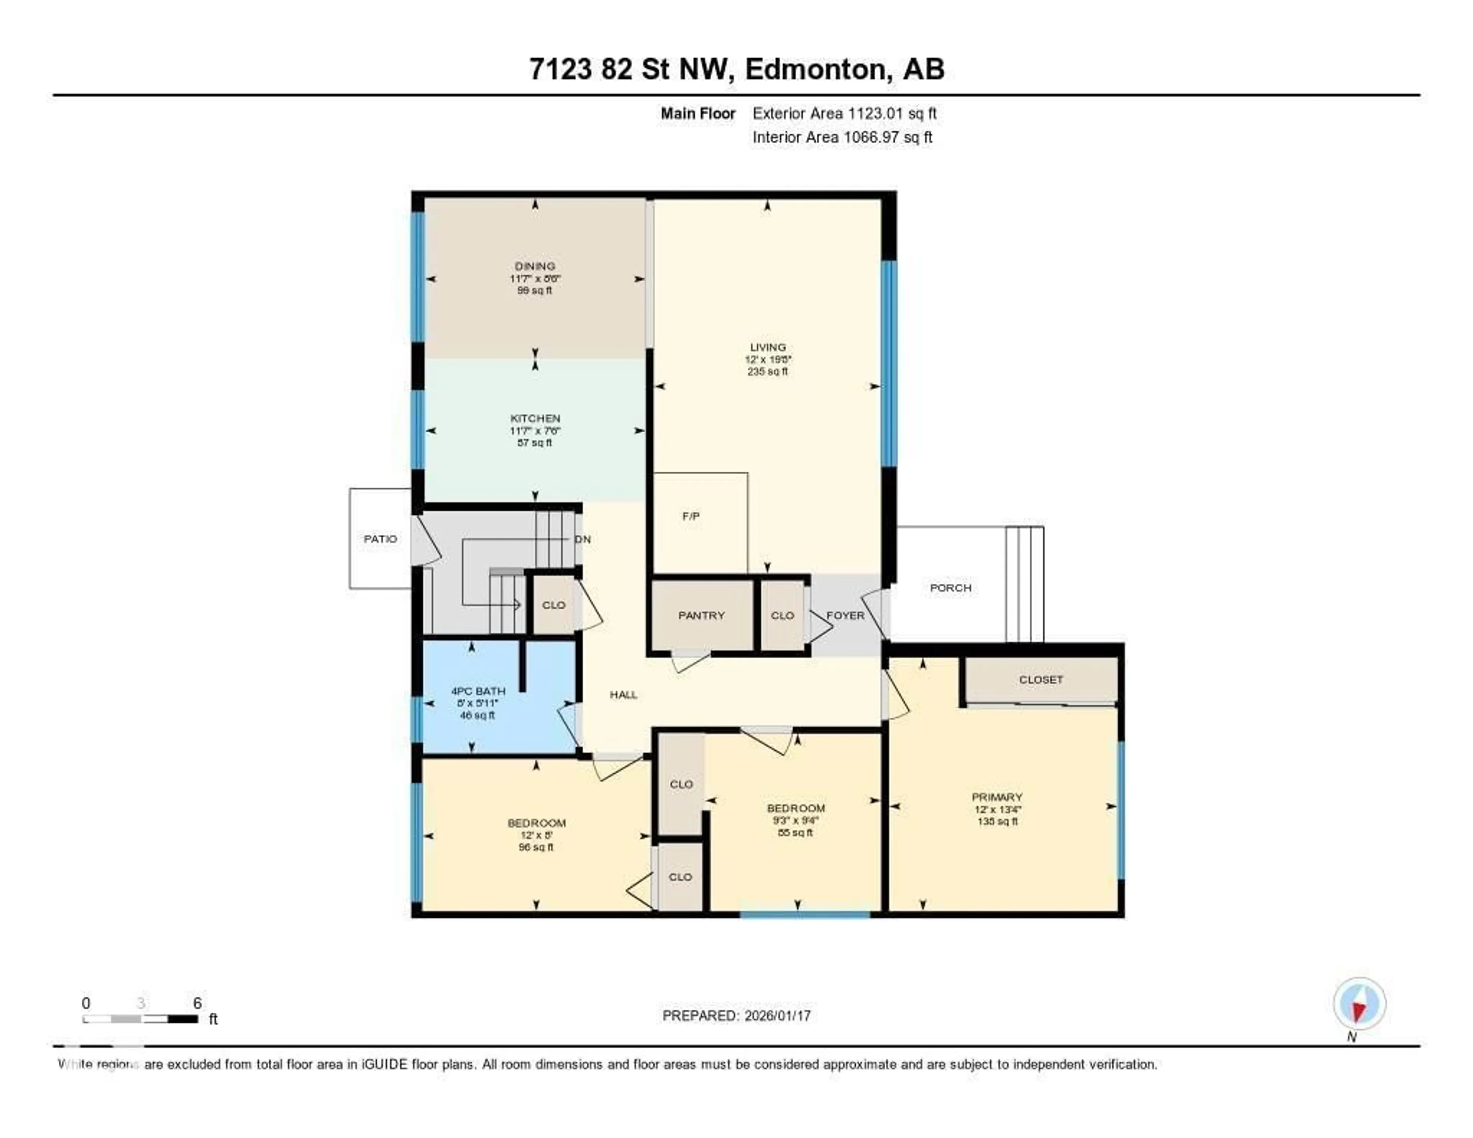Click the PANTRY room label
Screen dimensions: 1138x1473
point(702,615)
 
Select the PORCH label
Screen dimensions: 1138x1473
point(950,587)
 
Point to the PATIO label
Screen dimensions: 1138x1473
point(381,539)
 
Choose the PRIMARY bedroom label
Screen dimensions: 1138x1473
point(997,797)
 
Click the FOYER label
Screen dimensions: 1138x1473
point(845,615)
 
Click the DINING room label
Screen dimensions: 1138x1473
point(535,266)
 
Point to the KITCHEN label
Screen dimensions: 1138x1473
point(535,418)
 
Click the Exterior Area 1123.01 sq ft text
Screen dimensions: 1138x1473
point(844,113)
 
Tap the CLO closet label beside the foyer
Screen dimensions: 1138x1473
point(783,615)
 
